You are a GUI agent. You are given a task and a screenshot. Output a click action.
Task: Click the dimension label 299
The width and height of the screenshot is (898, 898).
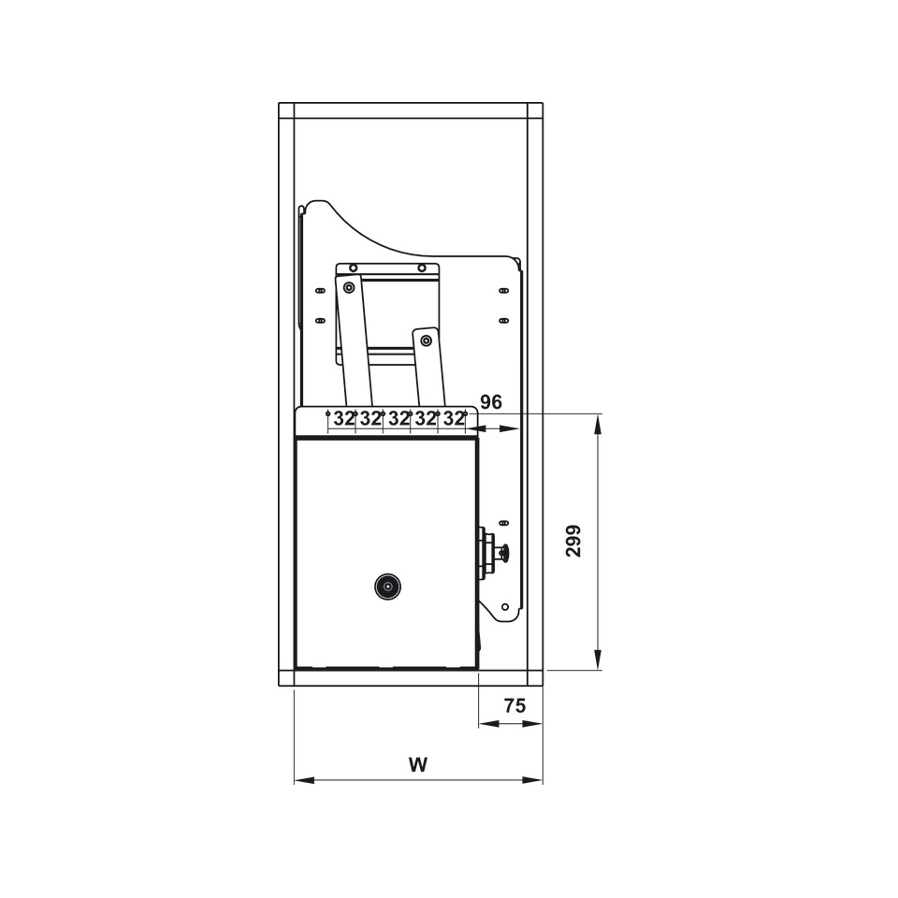pyautogui.click(x=573, y=541)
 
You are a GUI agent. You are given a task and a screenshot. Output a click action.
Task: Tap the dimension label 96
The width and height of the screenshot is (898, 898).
pyautogui.click(x=491, y=402)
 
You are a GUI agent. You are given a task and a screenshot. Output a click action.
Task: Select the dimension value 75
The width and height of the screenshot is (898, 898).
pyautogui.click(x=514, y=705)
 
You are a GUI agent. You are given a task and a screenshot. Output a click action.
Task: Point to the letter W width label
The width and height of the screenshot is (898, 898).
pyautogui.click(x=418, y=764)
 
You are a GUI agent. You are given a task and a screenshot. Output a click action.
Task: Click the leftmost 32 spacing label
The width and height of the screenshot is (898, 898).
pyautogui.click(x=343, y=419)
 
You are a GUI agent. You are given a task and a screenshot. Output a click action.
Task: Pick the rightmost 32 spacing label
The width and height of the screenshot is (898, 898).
pyautogui.click(x=454, y=419)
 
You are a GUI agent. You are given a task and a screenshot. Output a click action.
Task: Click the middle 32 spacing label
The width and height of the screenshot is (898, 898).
pyautogui.click(x=398, y=419)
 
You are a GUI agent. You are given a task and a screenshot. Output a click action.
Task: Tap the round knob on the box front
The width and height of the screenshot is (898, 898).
pyautogui.click(x=387, y=587)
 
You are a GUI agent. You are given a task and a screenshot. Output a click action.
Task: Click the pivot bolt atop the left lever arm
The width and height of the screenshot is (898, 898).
pyautogui.click(x=348, y=287)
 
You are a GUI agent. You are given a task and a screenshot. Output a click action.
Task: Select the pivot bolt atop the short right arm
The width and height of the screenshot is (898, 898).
pyautogui.click(x=426, y=340)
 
